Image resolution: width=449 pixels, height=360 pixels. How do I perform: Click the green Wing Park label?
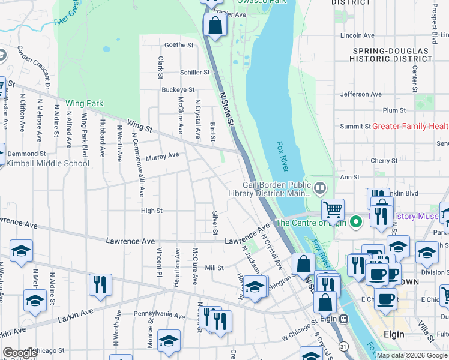click(x=85, y=103)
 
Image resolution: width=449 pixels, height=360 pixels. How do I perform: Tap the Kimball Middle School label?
click(x=47, y=163)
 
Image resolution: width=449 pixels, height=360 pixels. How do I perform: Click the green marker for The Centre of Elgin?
click(x=356, y=223)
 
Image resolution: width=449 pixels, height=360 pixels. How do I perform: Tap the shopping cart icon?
click(x=333, y=210)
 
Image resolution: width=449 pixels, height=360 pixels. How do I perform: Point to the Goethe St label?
click(x=179, y=45)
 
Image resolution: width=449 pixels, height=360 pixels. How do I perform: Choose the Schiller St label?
click(x=195, y=72)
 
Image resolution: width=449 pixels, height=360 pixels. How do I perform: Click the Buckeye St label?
click(x=178, y=90)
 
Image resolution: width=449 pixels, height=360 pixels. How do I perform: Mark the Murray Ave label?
click(x=162, y=155)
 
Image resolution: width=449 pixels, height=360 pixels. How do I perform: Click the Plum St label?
click(x=394, y=110)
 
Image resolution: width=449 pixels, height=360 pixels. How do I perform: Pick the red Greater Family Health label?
click(x=410, y=126)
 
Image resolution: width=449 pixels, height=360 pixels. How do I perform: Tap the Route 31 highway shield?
click(x=343, y=346)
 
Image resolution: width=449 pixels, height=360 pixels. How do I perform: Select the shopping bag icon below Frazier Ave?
click(x=214, y=26)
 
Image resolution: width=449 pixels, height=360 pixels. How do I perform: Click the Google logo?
click(x=20, y=353)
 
